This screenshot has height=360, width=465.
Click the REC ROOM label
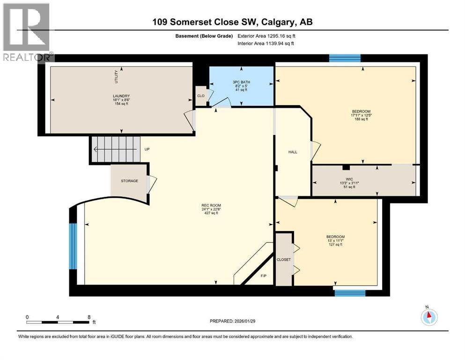[211, 205]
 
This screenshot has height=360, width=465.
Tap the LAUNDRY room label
[121, 96]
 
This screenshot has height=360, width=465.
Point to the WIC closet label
[347, 178]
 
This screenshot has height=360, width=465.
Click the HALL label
[293, 152]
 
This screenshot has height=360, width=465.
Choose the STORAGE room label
[129, 181]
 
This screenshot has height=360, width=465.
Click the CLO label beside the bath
[200, 95]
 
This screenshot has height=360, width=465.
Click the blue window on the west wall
[73, 246]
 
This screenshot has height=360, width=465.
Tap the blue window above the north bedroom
[345, 58]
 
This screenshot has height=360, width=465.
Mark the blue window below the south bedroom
[350, 292]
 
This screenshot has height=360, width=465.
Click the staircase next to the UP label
[115, 150]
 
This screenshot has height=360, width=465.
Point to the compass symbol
[428, 316]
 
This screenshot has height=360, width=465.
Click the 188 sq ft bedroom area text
[361, 120]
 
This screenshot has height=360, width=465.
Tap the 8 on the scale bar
[89, 317]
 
